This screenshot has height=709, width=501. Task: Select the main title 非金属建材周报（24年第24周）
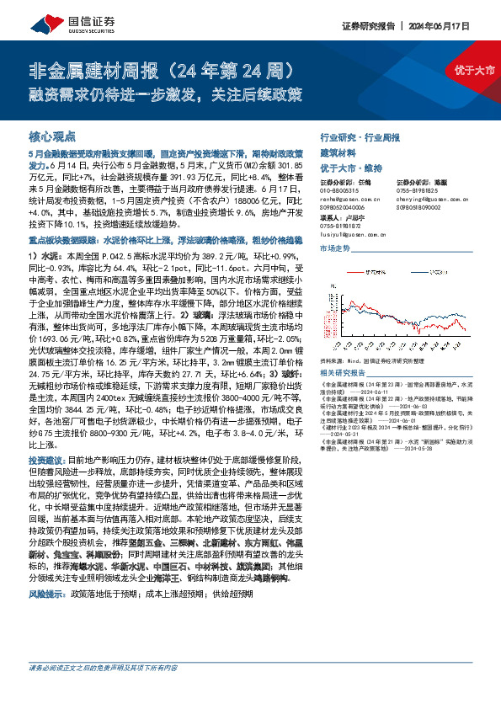pos(160,69)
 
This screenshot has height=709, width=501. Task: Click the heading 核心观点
pos(52,136)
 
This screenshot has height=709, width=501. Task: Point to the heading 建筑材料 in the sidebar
pos(338,152)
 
